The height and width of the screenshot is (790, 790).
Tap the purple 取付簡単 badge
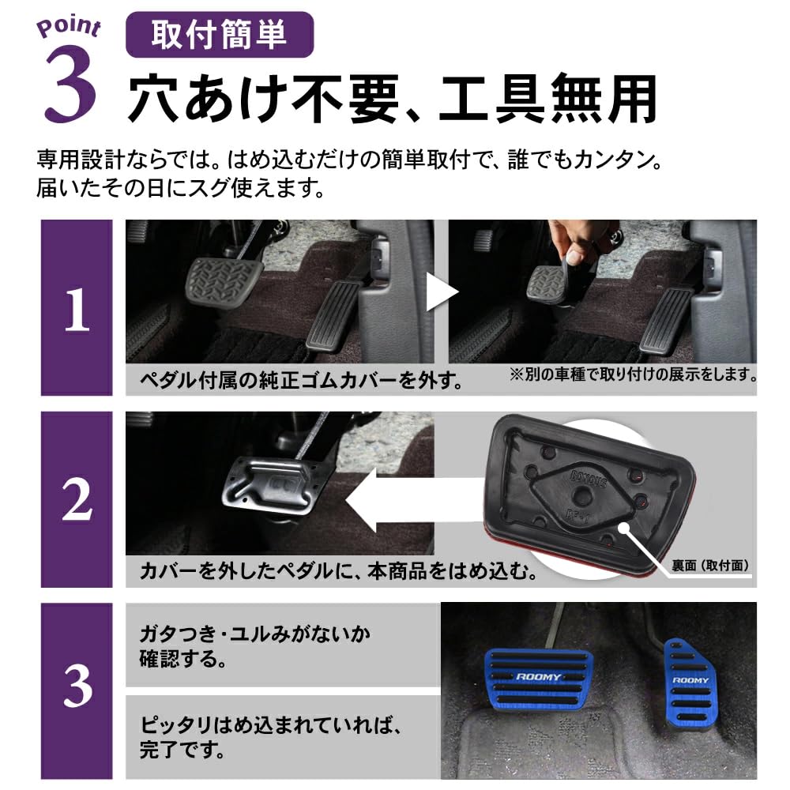(220, 36)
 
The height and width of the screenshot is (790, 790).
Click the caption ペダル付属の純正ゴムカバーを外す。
(300, 382)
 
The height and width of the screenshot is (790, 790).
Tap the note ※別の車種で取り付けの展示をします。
(632, 372)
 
